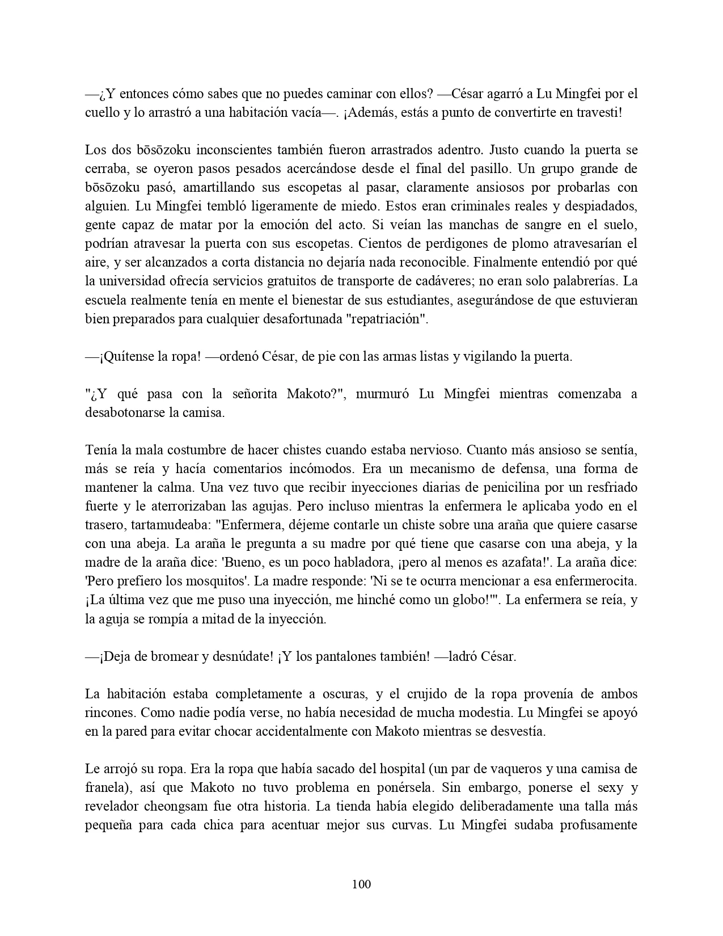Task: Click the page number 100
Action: (361, 884)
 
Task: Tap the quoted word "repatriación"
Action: (387, 318)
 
